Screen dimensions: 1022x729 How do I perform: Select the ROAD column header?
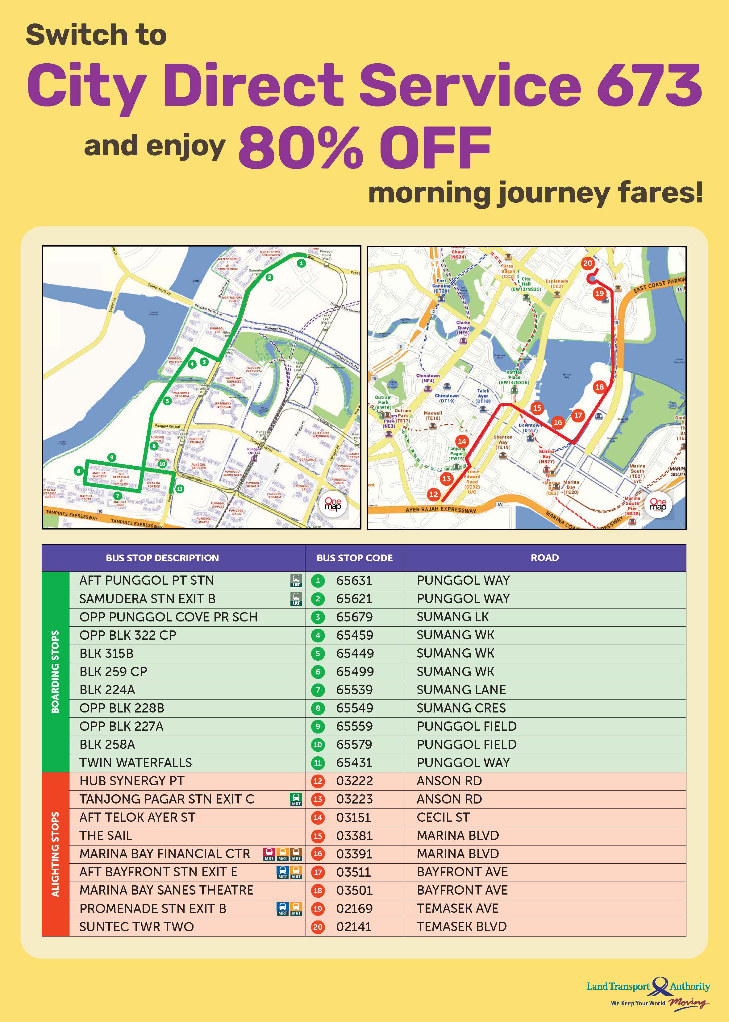(x=544, y=558)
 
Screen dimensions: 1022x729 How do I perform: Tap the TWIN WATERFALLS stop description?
(x=135, y=762)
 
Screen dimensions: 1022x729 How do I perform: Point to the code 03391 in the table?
(x=354, y=854)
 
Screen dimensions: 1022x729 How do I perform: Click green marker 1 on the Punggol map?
(x=302, y=264)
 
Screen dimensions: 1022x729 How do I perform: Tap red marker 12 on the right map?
(x=434, y=494)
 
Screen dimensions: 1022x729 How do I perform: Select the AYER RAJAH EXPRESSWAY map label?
(x=441, y=510)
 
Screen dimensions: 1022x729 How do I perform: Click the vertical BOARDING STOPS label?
(x=55, y=671)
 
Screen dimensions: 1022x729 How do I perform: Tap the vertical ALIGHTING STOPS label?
(x=55, y=854)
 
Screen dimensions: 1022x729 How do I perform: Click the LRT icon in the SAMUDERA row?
(x=296, y=599)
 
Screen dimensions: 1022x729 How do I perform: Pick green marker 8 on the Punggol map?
(x=79, y=471)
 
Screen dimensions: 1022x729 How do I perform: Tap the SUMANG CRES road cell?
(x=461, y=708)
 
